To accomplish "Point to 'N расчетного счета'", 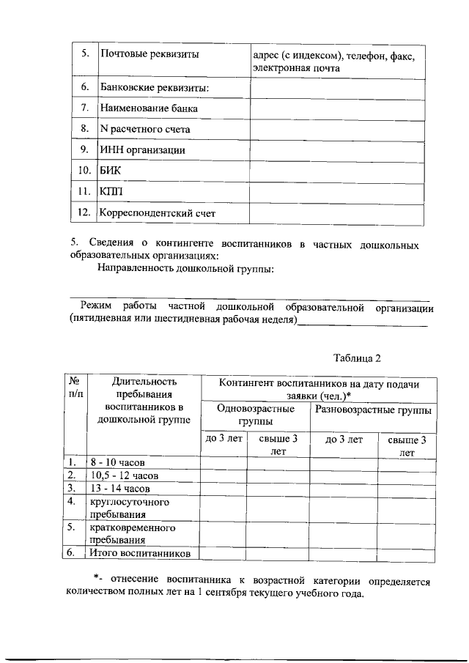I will tap(144, 129).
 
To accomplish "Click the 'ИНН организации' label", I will tap(142, 150).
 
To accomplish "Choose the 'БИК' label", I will tap(109, 171).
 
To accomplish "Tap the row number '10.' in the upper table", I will tap(84, 171).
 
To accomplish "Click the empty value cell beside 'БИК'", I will tap(336, 171).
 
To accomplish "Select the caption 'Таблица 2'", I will tap(357, 358).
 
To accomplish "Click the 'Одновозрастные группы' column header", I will tap(256, 415).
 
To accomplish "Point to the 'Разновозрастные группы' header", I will tap(373, 410).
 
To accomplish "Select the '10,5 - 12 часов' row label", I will tap(124, 475).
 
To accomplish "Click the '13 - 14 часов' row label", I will tap(120, 488).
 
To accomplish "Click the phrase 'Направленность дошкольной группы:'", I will tap(186, 269).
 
